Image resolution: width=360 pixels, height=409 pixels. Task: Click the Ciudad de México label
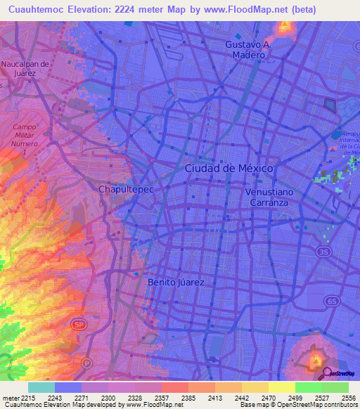point(229,169)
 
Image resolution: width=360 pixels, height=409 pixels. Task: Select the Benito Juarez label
point(176,283)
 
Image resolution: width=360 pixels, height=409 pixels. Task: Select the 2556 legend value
point(347,398)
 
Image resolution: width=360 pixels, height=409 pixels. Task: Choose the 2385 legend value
point(188,398)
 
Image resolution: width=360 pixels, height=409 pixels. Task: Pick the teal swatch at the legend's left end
point(41,387)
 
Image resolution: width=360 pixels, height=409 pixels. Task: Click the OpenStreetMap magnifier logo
point(328,372)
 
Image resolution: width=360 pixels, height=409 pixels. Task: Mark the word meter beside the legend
point(12,398)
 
